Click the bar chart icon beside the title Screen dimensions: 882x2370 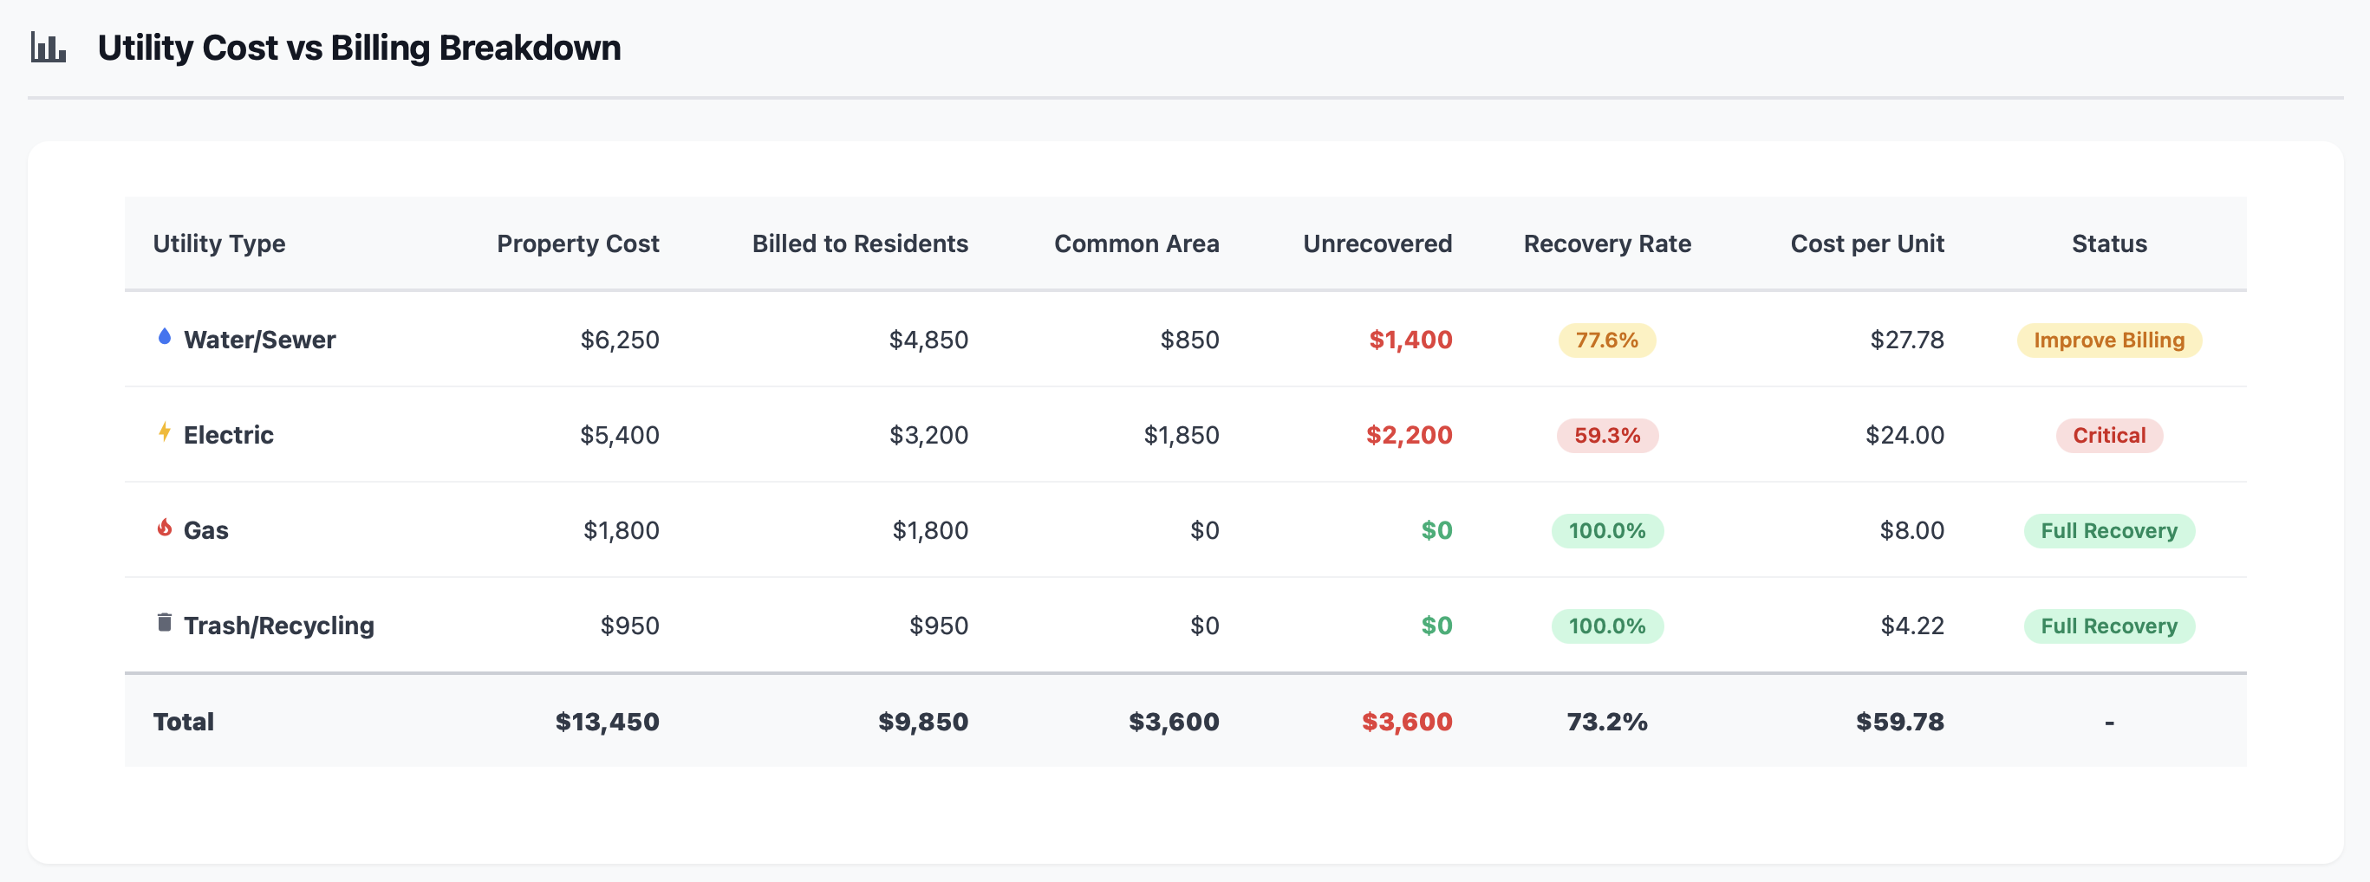[x=48, y=48]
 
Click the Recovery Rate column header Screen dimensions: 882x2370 [x=1606, y=243]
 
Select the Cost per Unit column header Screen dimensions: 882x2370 [x=1865, y=243]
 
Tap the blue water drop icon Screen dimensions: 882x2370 [x=165, y=337]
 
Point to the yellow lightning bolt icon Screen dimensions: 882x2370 [x=165, y=431]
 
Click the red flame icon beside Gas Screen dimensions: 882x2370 [x=165, y=527]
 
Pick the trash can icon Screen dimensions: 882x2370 [x=165, y=623]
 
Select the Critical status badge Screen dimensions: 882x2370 [x=2108, y=435]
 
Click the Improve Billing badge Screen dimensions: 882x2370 [x=2108, y=340]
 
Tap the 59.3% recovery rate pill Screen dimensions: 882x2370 [x=1606, y=435]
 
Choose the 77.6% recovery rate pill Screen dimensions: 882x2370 [x=1606, y=340]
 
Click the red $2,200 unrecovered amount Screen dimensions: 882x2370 [x=1408, y=435]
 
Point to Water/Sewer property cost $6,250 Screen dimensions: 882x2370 [x=619, y=340]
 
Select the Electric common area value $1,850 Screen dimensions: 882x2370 [x=1181, y=435]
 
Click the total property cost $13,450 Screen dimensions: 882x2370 [x=606, y=722]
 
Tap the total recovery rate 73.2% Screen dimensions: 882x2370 [x=1606, y=722]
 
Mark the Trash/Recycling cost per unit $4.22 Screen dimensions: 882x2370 [x=1911, y=626]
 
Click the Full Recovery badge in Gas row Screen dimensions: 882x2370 [x=2108, y=530]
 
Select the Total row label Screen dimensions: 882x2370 [x=183, y=722]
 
